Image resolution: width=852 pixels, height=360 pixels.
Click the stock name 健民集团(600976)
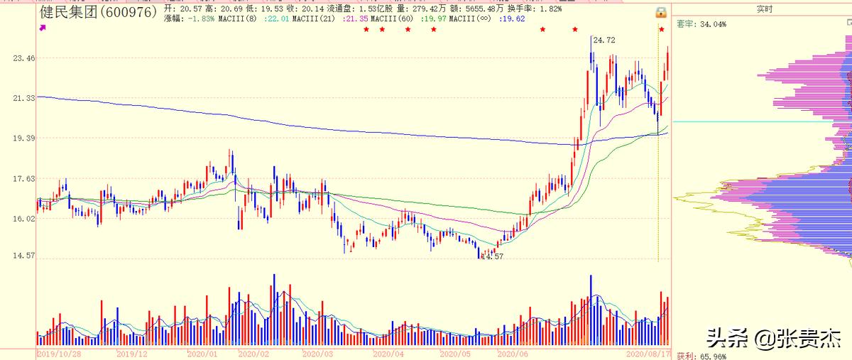click(x=98, y=13)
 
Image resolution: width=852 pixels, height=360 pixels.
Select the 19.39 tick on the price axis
click(x=23, y=138)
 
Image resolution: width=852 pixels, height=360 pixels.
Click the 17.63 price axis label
click(x=23, y=179)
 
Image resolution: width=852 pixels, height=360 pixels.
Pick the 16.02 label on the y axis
click(x=23, y=219)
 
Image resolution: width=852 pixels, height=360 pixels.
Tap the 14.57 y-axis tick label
click(x=23, y=256)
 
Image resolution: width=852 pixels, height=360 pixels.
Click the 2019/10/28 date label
click(x=60, y=353)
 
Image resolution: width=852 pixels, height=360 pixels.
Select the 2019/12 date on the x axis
click(x=132, y=353)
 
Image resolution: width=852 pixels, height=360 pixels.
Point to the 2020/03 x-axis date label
click(x=317, y=353)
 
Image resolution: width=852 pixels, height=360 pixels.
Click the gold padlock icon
click(x=661, y=13)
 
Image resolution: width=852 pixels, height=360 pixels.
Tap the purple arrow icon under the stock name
click(x=43, y=27)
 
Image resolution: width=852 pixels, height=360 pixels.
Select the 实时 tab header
click(x=764, y=9)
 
